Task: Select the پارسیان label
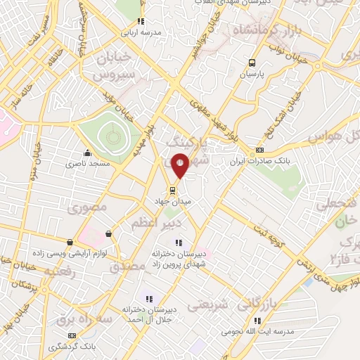coord(251,72)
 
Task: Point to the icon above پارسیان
coord(252,62)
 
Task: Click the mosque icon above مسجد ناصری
coord(87,153)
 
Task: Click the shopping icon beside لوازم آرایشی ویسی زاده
coord(108,233)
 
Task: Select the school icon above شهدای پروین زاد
coord(177,243)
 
